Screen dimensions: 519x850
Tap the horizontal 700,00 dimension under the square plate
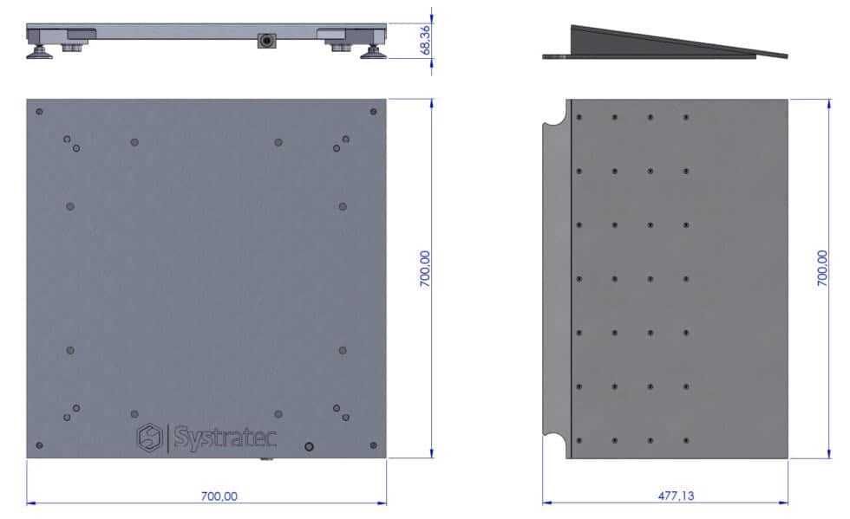pos(219,496)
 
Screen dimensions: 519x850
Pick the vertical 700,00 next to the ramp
pos(822,269)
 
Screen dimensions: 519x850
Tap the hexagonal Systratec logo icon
pos(150,437)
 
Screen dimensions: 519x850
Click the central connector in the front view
pos(265,41)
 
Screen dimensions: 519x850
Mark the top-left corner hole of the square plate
pos(39,112)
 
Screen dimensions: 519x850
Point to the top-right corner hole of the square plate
pos(373,112)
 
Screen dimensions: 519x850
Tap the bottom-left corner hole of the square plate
pos(39,445)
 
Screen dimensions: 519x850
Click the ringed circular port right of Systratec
pos(308,446)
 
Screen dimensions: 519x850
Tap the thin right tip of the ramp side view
pos(784,56)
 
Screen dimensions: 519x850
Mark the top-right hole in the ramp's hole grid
pos(685,117)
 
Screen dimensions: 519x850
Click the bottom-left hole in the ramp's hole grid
pos(578,440)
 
